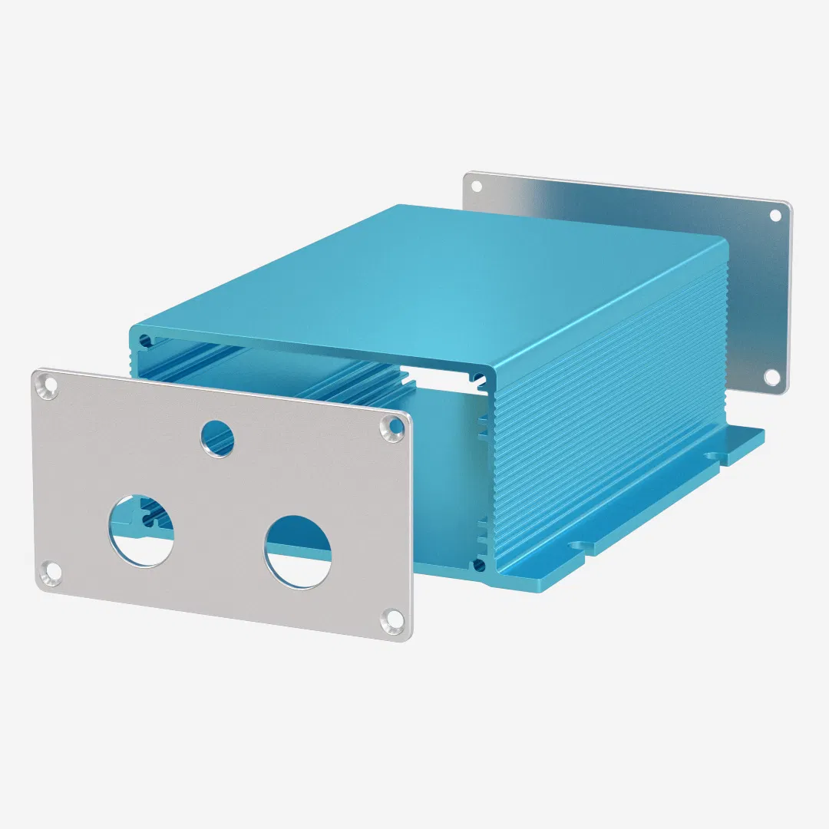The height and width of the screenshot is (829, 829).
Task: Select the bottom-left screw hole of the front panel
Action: [x=51, y=571]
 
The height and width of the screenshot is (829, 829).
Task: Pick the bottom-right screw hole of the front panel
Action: [x=393, y=617]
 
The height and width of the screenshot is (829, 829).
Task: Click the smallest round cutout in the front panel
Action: [x=218, y=438]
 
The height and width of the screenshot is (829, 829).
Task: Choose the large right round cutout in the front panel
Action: [x=298, y=551]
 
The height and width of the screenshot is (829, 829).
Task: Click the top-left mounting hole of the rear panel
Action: [x=476, y=186]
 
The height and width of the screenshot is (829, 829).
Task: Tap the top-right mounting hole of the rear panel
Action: [x=775, y=215]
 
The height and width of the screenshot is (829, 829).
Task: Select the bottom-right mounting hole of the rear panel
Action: [x=771, y=377]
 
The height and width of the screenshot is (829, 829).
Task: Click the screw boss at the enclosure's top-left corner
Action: [x=144, y=339]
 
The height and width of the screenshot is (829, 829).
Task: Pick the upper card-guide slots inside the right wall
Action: [x=482, y=430]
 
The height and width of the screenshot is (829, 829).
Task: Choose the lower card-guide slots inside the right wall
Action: [x=482, y=530]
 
